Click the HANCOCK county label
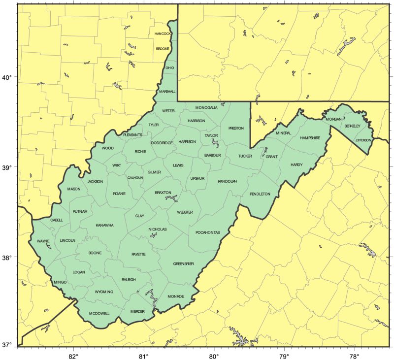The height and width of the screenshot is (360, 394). pyautogui.click(x=163, y=33)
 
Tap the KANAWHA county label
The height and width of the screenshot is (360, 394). pyautogui.click(x=104, y=225)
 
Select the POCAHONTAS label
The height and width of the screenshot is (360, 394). pyautogui.click(x=207, y=232)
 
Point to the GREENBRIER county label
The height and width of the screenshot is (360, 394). pyautogui.click(x=183, y=264)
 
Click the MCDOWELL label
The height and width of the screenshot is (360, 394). pyautogui.click(x=99, y=313)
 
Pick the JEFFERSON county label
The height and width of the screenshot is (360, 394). pyautogui.click(x=363, y=140)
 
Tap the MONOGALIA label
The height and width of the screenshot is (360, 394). pyautogui.click(x=206, y=107)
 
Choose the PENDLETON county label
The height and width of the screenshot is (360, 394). pyautogui.click(x=260, y=194)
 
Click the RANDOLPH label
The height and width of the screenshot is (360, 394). pyautogui.click(x=227, y=181)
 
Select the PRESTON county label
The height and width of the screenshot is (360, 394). pyautogui.click(x=236, y=128)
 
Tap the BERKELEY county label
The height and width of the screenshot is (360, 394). pyautogui.click(x=353, y=126)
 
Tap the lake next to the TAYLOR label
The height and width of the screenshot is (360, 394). pyautogui.click(x=215, y=143)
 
